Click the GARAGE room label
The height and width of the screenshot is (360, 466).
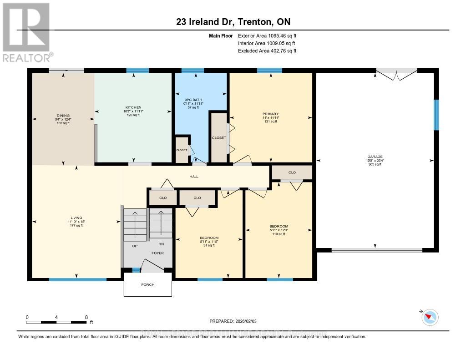[375, 156]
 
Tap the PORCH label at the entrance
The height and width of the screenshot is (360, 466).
[147, 284]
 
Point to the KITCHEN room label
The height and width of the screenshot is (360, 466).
[134, 107]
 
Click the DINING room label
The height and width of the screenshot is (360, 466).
[63, 116]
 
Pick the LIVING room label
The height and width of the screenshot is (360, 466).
[76, 218]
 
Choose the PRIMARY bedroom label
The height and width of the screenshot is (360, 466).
[270, 114]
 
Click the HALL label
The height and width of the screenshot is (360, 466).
[194, 177]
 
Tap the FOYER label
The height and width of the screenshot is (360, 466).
[157, 253]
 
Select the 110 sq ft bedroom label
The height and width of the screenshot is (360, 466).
[279, 226]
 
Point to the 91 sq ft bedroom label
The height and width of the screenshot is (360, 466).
[209, 238]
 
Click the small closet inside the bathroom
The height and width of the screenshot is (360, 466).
[182, 150]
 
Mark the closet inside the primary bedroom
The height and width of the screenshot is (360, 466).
[219, 137]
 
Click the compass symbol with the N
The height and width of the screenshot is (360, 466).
[430, 317]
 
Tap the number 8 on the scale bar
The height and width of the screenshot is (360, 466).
[86, 317]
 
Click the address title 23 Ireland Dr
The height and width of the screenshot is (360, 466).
[233, 21]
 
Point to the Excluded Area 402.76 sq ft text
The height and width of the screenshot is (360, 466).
[267, 51]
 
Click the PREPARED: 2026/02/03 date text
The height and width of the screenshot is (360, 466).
[233, 320]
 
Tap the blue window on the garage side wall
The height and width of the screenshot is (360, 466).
[436, 115]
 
